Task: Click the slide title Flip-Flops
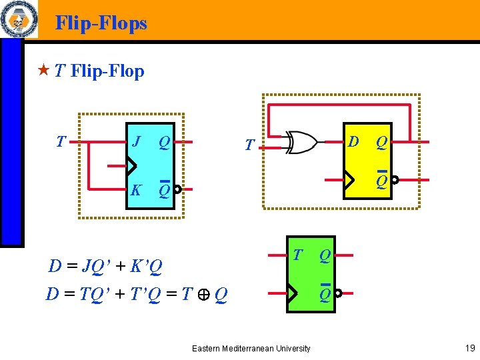101,23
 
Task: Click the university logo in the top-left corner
19,19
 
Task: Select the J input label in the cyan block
136,141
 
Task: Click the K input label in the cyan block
136,190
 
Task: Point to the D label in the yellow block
354,141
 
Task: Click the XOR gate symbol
301,142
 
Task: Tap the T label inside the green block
298,254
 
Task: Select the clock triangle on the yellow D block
347,179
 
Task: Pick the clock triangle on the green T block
291,293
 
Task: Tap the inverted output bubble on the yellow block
395,180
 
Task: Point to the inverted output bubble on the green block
338,293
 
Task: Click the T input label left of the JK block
61,141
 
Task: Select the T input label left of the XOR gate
249,144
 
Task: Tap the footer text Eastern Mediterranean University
251,348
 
